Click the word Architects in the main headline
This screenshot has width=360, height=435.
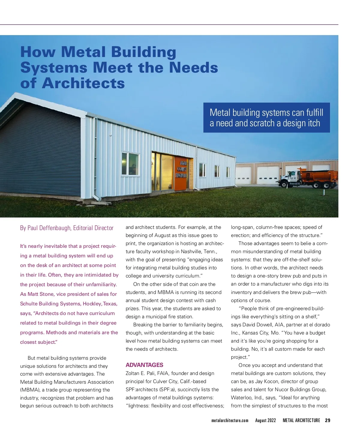83,83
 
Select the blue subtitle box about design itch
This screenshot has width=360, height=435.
266,118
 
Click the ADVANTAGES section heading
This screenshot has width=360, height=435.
144,365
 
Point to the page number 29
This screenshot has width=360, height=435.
328,420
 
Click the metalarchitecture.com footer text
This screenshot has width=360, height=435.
230,420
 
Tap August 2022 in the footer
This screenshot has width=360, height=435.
265,420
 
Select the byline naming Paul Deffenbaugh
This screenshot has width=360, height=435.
67,228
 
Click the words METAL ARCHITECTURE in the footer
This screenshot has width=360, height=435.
301,420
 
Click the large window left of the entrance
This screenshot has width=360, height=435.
130,163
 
